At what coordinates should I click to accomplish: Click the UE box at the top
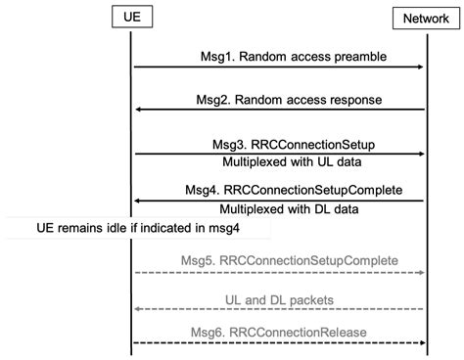tap(131, 19)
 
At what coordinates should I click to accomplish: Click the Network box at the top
tap(422, 19)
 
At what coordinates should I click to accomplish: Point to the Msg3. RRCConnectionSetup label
tap(279, 144)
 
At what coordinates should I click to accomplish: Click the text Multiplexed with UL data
tap(279, 162)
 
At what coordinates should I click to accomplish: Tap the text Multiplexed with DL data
tap(279, 208)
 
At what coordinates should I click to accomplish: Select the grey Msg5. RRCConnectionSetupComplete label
tap(277, 260)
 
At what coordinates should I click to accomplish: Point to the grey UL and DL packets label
tap(279, 297)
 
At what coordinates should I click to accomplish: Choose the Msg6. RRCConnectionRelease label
tap(278, 334)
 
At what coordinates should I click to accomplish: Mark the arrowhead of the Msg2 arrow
tap(138, 110)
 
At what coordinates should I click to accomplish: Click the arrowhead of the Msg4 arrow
tap(138, 201)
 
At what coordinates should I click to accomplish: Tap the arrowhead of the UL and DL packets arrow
tap(138, 308)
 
